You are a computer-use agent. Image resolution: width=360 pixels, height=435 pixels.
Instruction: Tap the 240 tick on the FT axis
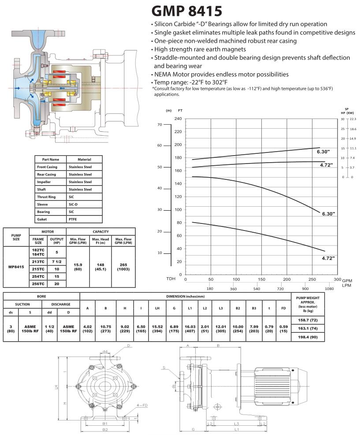point(178,119)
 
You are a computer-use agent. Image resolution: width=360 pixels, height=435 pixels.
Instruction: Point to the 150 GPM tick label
point(262,279)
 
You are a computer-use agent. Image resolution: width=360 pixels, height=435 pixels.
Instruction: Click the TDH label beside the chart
point(171,279)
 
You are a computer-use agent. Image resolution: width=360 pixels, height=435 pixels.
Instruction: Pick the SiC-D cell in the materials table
point(74,204)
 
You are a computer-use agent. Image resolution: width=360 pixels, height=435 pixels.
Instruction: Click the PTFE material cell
point(73,219)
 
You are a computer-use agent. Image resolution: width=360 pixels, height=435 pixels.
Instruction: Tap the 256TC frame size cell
point(38,284)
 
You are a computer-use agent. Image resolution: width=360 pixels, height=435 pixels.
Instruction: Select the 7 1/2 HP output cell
point(56,261)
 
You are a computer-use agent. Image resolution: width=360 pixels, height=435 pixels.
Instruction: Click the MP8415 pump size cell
point(16,267)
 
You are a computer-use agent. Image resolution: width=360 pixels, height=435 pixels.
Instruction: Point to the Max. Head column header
point(100,241)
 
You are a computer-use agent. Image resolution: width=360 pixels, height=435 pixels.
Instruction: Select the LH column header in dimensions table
point(157,308)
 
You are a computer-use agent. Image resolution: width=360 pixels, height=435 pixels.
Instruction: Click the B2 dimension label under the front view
point(105,429)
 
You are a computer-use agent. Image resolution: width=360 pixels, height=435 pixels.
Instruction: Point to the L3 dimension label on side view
point(237,424)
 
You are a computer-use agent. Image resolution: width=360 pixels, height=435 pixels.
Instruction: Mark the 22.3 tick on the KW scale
point(352,119)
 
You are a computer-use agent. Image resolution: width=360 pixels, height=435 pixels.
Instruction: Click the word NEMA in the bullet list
point(163,74)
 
